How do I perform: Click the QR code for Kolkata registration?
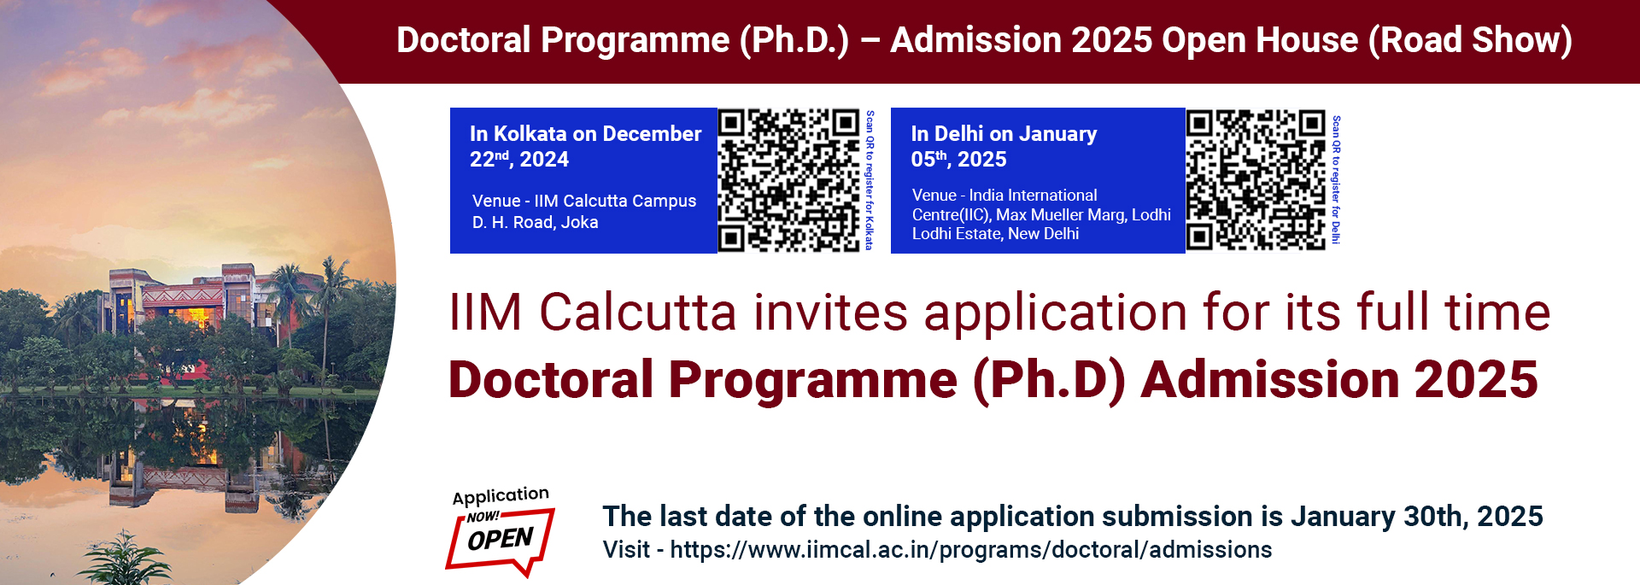pos(788,180)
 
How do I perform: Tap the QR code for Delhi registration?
pos(1256,180)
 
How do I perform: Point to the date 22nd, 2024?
pos(518,160)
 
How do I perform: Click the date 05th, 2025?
pos(958,160)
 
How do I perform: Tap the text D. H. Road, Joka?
pos(535,223)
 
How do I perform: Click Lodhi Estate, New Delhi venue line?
pos(995,234)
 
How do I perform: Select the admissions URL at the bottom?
pos(970,550)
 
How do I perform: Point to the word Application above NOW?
pos(501,496)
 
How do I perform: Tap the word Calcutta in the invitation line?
pos(637,313)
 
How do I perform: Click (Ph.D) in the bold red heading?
pos(1049,380)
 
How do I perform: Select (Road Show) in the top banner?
pos(1470,40)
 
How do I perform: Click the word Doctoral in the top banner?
pos(464,40)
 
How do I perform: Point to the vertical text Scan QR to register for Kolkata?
pos(870,180)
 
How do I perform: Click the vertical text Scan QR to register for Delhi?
pos(1336,180)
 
